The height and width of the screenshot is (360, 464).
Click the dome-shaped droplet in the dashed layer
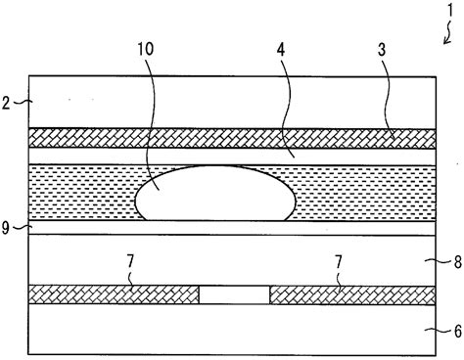pos(215,194)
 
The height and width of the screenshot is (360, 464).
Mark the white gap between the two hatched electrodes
pos(233,293)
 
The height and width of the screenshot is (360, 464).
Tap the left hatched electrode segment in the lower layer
pos(114,293)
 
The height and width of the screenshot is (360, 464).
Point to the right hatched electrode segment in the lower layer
pos(352,293)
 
